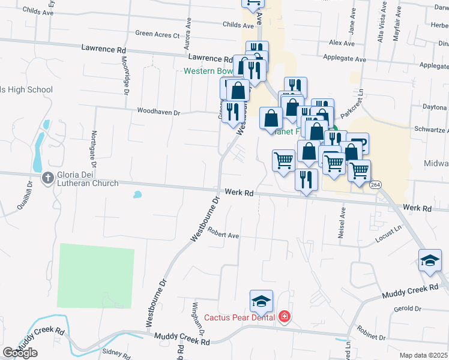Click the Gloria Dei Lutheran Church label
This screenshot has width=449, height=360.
pyautogui.click(x=87, y=179)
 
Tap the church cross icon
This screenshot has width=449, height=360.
pyautogui.click(x=47, y=178)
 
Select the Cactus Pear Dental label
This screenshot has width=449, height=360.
pyautogui.click(x=239, y=317)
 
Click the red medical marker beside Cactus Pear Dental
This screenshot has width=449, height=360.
pyautogui.click(x=284, y=317)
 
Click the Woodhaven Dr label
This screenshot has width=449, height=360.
pyautogui.click(x=158, y=112)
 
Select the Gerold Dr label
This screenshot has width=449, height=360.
pyautogui.click(x=408, y=308)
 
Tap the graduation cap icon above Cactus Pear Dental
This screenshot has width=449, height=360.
pyautogui.click(x=261, y=301)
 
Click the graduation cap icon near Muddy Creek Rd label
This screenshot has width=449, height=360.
pyautogui.click(x=430, y=260)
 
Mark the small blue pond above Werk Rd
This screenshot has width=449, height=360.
pyautogui.click(x=137, y=194)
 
